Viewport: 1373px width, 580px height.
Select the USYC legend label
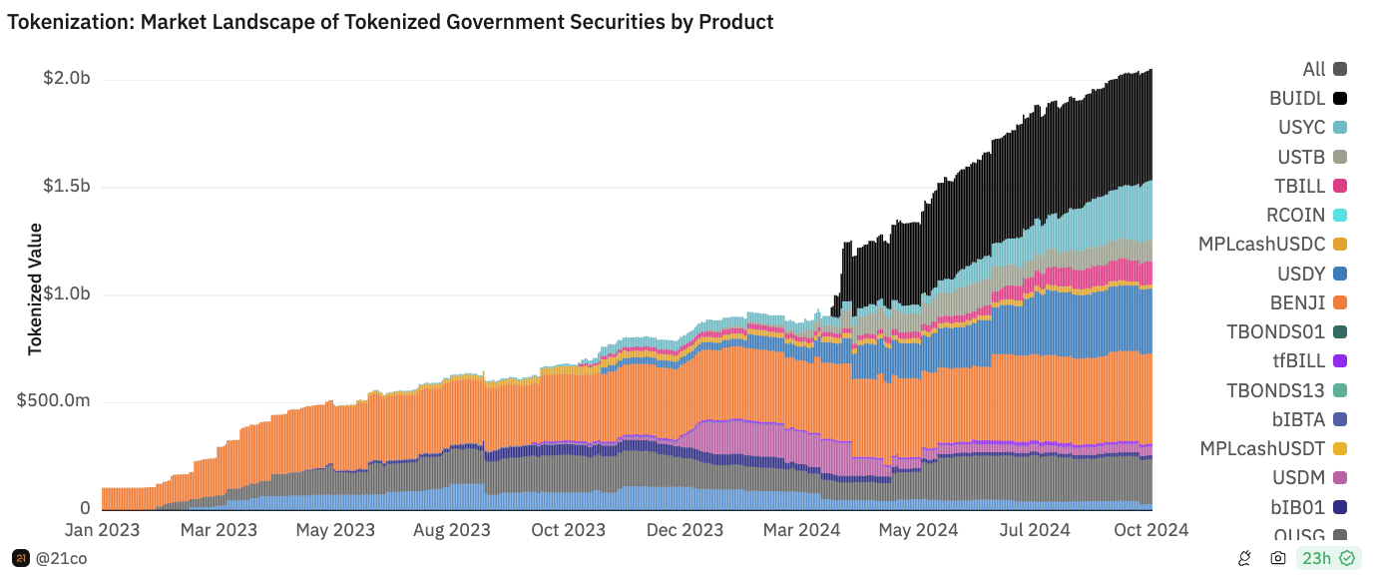point(1301,127)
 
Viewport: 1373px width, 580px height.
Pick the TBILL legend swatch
point(1340,186)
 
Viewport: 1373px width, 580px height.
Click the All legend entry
point(1314,69)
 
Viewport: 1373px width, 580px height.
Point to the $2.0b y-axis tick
point(67,79)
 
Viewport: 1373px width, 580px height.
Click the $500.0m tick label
point(54,400)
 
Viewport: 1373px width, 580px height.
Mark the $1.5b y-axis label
point(67,187)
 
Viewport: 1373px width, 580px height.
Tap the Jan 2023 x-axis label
point(102,530)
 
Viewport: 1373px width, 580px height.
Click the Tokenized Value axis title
point(35,289)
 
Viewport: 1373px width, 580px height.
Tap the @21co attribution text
point(61,558)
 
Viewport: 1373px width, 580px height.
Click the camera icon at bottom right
point(1277,558)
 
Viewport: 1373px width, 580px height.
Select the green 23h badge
point(1326,558)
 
